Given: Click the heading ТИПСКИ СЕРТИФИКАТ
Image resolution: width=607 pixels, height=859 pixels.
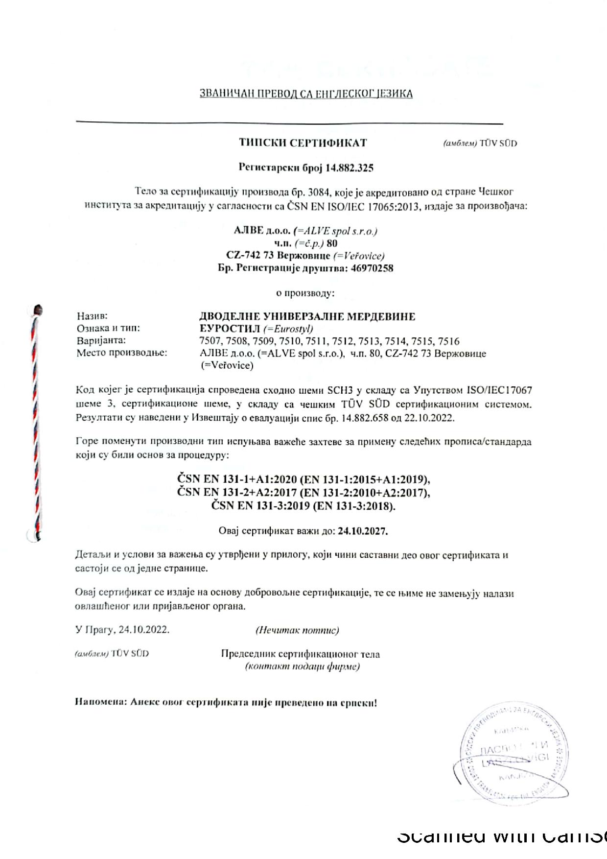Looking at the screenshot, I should click(303, 143).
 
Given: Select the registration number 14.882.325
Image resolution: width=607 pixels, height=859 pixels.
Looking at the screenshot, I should click(350, 168).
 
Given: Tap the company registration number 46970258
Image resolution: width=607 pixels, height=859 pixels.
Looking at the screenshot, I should click(372, 268).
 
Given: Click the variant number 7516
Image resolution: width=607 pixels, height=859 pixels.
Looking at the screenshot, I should click(448, 341).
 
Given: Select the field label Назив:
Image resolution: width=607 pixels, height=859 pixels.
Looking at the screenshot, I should click(92, 316).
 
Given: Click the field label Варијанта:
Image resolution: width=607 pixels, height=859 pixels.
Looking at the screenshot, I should click(101, 340).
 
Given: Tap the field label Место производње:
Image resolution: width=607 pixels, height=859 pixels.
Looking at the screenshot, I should click(121, 353).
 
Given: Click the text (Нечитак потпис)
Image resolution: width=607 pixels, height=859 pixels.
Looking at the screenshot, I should click(297, 630).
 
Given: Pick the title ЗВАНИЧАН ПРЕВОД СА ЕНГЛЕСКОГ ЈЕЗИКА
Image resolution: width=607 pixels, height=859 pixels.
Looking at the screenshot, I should click(306, 94).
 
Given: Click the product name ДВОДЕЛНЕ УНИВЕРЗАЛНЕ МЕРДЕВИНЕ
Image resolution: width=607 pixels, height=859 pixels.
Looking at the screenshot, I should click(307, 316).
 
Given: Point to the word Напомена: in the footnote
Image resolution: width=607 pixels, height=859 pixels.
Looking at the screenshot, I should click(100, 702).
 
